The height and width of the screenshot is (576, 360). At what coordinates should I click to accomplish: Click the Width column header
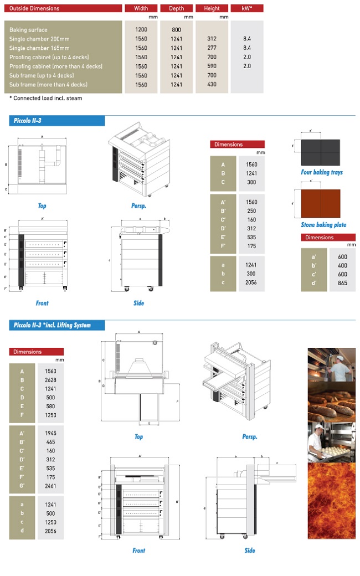(141, 8)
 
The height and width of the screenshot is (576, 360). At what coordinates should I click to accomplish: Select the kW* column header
(247, 8)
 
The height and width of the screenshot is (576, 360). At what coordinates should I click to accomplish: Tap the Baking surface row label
(28, 30)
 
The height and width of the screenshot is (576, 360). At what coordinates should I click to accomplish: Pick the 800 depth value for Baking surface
(176, 30)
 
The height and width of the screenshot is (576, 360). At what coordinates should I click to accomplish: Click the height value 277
(212, 48)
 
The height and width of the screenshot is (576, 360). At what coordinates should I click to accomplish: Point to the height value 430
(212, 85)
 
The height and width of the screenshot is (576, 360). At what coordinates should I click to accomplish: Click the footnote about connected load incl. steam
(46, 99)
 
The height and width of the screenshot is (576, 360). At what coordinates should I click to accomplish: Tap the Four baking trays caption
(321, 172)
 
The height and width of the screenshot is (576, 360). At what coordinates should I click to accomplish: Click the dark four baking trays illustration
(320, 150)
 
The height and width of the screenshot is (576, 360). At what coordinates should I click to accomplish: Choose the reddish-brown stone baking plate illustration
(320, 203)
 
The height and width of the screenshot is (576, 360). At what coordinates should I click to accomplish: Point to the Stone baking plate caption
(323, 225)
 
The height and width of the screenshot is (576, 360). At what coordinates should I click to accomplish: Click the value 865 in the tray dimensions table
(342, 283)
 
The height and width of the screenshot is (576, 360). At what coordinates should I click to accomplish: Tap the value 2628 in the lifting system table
(50, 380)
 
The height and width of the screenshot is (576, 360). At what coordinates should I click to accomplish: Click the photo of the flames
(331, 501)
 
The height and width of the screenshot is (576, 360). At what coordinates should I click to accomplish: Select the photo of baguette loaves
(331, 401)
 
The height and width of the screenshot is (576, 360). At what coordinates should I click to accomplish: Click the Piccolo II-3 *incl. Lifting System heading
(52, 325)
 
